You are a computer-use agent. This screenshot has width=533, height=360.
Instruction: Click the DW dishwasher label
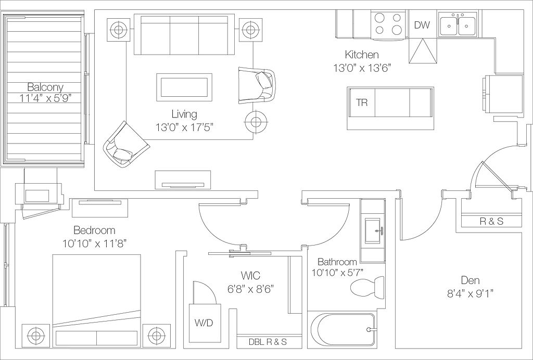click(x=422, y=25)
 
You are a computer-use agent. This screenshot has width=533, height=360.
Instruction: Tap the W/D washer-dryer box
click(x=205, y=323)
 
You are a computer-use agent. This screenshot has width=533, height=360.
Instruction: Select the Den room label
click(x=471, y=280)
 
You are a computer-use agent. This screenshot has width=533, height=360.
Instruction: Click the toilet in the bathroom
click(x=367, y=287)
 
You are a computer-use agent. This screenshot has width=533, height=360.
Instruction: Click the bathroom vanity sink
click(x=373, y=231)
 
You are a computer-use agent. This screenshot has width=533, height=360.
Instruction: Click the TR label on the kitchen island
click(x=362, y=102)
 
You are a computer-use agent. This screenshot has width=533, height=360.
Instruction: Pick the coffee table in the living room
click(x=184, y=87)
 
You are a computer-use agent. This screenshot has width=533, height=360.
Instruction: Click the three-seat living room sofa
click(x=184, y=34)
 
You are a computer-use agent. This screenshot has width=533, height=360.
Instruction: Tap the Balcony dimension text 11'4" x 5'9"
click(x=46, y=98)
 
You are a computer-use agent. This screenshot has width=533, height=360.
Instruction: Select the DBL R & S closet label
click(x=268, y=342)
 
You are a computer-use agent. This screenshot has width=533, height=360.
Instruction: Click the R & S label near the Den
click(x=491, y=222)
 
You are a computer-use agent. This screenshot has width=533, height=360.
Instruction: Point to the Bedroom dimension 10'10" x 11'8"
click(x=95, y=243)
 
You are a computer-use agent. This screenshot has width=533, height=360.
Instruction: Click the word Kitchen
click(x=361, y=54)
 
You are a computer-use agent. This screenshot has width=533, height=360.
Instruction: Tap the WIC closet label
click(x=250, y=275)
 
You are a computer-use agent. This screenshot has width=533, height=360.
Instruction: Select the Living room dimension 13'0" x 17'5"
click(x=184, y=127)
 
